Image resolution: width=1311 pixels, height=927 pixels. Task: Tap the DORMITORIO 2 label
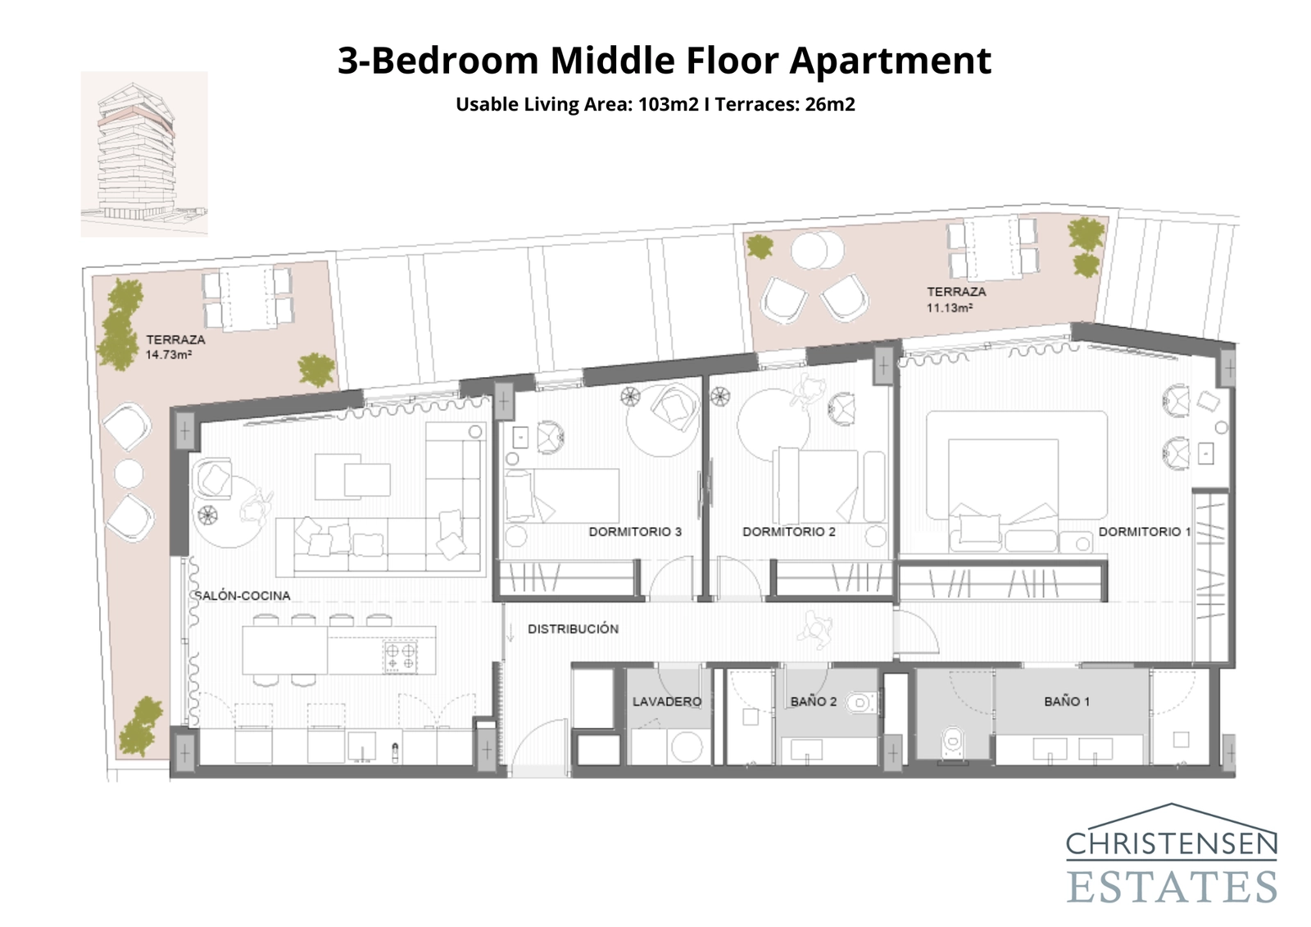(788, 532)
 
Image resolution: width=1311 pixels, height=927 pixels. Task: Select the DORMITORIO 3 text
(635, 532)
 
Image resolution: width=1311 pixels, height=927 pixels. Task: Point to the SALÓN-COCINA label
(243, 596)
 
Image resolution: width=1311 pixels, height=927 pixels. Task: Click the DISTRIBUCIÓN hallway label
(573, 629)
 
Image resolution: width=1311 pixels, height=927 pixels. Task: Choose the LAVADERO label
(666, 702)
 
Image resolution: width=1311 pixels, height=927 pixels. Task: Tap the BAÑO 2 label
(813, 702)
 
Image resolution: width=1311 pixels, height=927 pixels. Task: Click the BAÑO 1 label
(1067, 702)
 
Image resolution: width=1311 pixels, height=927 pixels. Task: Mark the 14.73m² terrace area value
(169, 355)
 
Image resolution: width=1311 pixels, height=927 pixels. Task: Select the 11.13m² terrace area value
(950, 308)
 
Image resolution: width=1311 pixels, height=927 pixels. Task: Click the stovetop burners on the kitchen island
(401, 657)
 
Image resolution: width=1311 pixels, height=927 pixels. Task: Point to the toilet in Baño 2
(860, 702)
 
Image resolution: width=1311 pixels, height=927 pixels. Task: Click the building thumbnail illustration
(143, 154)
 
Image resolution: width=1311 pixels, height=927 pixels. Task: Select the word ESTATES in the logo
(1172, 887)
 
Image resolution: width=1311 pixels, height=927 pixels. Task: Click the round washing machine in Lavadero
(686, 747)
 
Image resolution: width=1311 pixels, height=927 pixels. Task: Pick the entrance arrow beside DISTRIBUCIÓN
(510, 631)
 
